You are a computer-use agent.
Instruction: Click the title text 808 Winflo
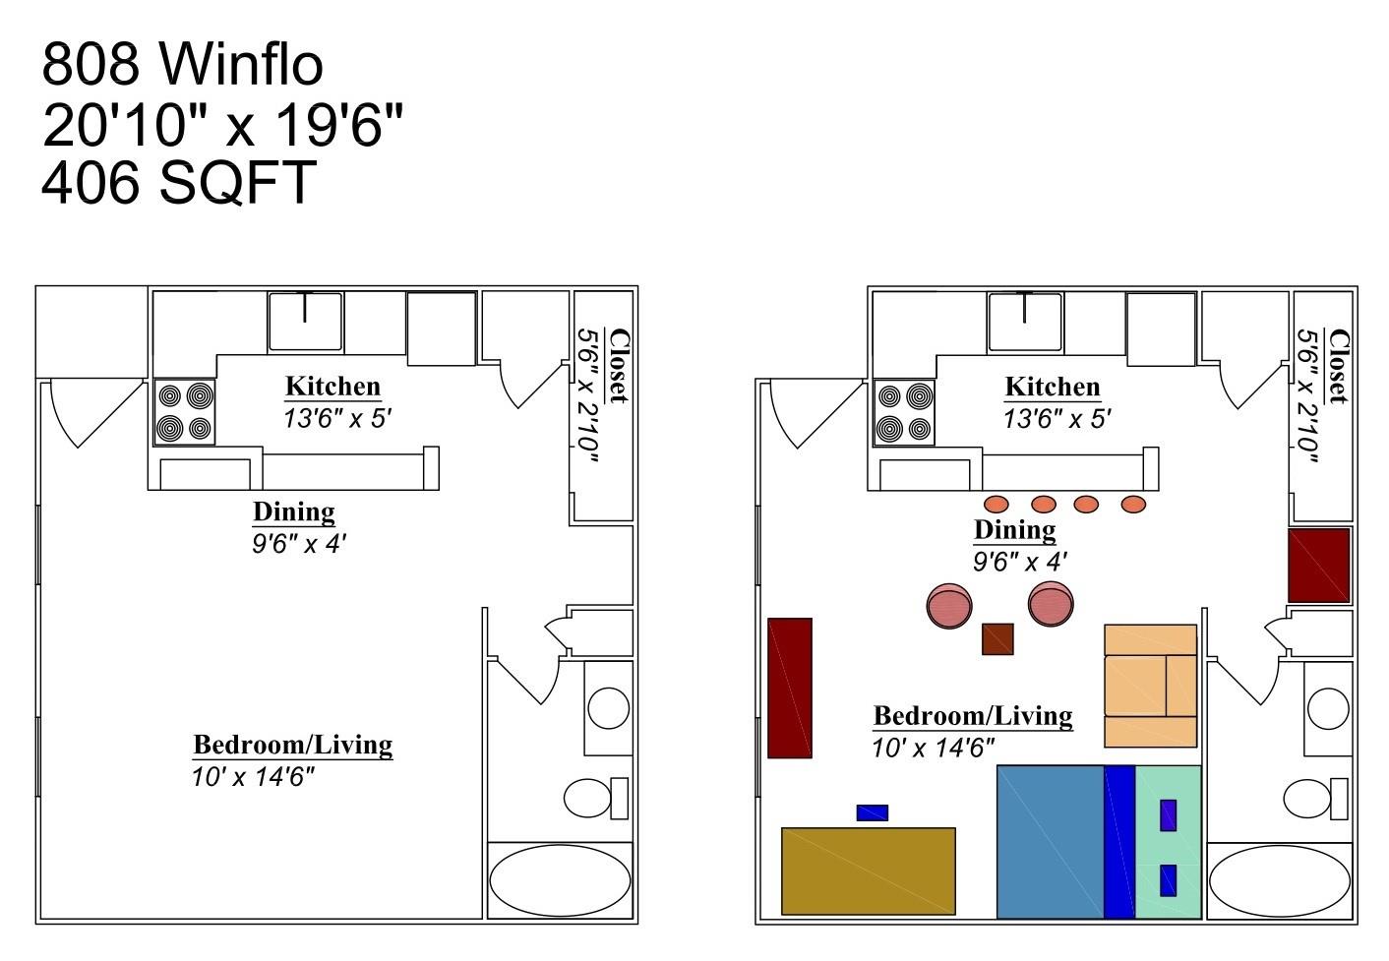click(x=182, y=64)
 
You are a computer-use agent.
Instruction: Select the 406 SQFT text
click(x=178, y=182)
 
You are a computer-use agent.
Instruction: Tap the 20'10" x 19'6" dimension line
click(x=222, y=124)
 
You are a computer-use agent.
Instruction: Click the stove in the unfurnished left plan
click(x=185, y=412)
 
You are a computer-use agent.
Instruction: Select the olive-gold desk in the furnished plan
click(x=868, y=871)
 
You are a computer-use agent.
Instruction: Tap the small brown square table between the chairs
click(x=997, y=639)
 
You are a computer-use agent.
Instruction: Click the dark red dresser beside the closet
click(x=1319, y=566)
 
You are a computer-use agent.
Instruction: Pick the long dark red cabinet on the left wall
click(x=789, y=688)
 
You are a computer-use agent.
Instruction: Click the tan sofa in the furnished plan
click(x=1150, y=685)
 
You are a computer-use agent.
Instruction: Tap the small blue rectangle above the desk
click(x=872, y=812)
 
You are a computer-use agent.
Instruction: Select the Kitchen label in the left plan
click(x=332, y=386)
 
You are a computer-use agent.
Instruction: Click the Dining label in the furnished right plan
click(x=1014, y=529)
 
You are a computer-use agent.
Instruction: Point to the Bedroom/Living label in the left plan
click(x=292, y=745)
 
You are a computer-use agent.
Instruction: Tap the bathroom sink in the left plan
click(x=608, y=708)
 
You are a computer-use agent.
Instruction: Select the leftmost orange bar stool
click(x=996, y=505)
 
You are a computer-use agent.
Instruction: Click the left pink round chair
click(x=949, y=606)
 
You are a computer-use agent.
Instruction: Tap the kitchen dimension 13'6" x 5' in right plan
click(x=1057, y=418)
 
